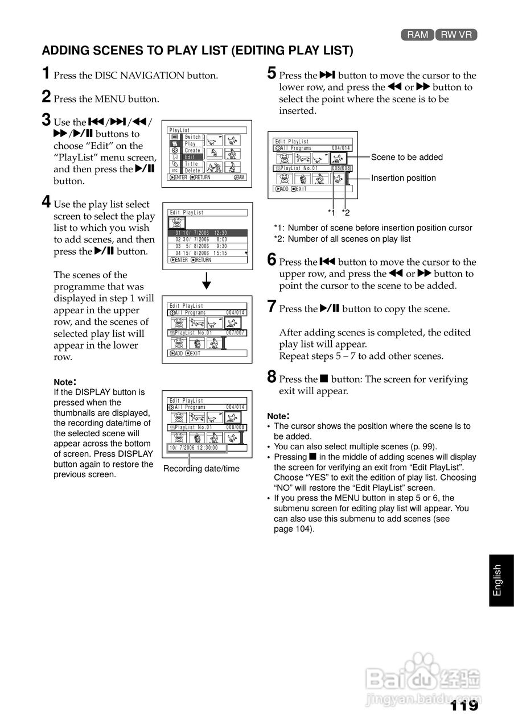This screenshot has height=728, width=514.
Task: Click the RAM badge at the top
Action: (x=417, y=35)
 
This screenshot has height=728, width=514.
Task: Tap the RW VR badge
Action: (x=457, y=35)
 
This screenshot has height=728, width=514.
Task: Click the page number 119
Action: (x=464, y=706)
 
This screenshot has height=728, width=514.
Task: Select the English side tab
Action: (x=497, y=581)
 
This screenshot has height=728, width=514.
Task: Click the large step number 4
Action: (x=46, y=202)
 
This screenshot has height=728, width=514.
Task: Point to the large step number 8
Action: (x=272, y=377)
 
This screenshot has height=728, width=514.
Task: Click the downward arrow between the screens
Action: (x=207, y=282)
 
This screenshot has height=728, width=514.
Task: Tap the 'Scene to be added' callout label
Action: (x=406, y=157)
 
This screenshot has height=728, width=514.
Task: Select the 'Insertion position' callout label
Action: (x=403, y=178)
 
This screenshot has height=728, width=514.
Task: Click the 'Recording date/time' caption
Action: (x=201, y=469)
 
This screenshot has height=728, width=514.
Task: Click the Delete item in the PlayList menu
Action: (x=192, y=171)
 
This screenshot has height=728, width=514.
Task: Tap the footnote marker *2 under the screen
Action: (x=345, y=213)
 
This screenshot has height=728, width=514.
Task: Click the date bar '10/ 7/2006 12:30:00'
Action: (x=196, y=448)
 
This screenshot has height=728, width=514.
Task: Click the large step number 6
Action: (x=272, y=260)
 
